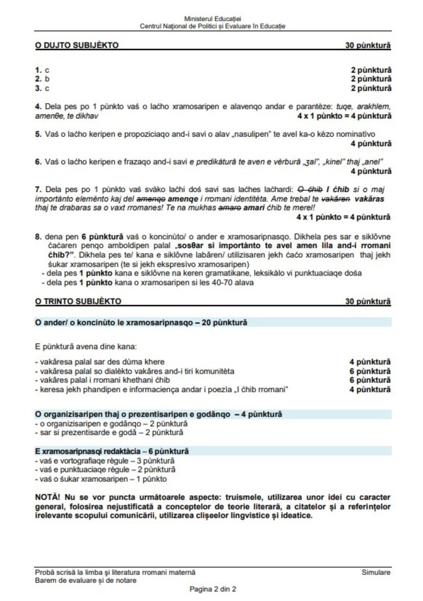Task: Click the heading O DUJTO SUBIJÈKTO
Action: [x=77, y=45]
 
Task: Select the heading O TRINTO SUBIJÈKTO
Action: [x=78, y=302]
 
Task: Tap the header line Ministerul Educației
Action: [x=213, y=19]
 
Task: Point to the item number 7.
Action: [x=38, y=189]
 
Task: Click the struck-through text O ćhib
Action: [x=309, y=189]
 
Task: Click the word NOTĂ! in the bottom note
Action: [x=48, y=497]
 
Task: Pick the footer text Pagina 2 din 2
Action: [x=213, y=589]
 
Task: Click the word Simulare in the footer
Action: [x=376, y=572]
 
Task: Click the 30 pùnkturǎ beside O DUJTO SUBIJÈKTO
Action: [x=368, y=45]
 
